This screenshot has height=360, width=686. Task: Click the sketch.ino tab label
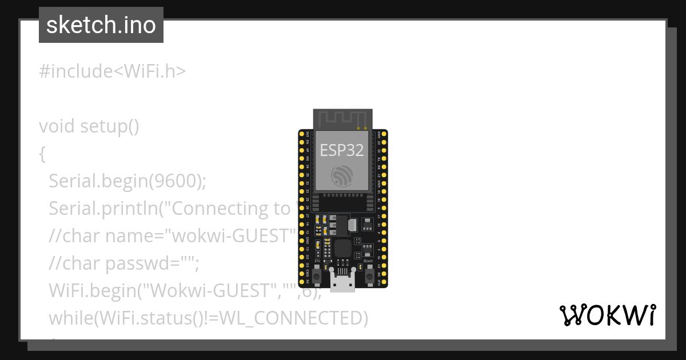[x=101, y=25]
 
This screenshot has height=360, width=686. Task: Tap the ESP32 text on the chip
[x=342, y=150]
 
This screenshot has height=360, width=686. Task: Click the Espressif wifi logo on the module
[x=342, y=175]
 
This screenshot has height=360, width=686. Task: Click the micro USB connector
[x=342, y=282]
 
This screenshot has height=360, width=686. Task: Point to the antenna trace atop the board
[x=342, y=119]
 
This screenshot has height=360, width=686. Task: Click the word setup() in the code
[x=109, y=126]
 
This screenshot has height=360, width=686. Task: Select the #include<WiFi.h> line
[x=112, y=71]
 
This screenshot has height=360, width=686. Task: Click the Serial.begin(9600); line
[x=127, y=181]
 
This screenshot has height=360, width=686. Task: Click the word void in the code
[x=57, y=126]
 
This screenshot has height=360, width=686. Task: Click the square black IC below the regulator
[x=342, y=247]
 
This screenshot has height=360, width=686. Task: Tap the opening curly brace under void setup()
[x=42, y=154]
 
